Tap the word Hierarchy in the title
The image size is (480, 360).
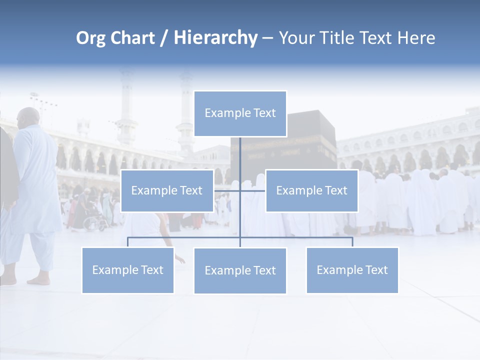[215, 38]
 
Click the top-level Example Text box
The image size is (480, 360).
[240, 113]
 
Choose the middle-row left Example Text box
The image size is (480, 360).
[167, 190]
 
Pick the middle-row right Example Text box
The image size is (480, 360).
[311, 190]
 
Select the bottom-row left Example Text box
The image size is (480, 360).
[127, 270]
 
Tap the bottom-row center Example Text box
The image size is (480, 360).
[240, 270]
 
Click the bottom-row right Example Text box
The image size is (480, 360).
[352, 270]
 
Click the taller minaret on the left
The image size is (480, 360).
[126, 107]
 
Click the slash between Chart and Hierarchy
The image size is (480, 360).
[164, 38]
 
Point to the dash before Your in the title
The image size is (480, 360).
[267, 38]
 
